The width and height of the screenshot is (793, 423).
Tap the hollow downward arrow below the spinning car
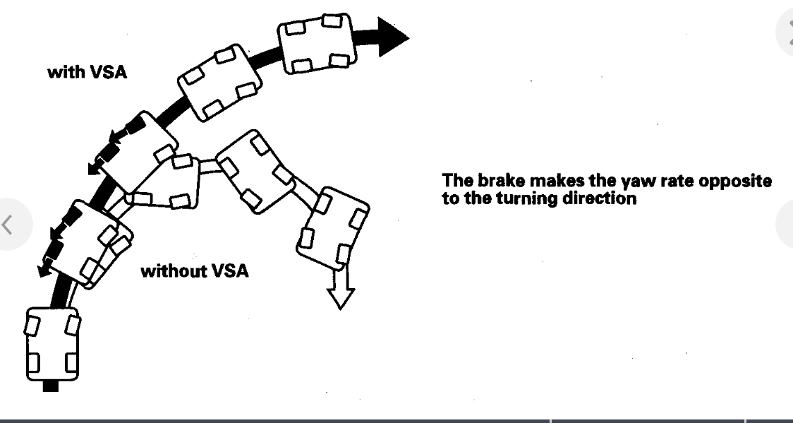pos(341,290)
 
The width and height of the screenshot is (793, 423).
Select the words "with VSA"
pos(87,72)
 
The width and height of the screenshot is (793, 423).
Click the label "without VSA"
pos(195,271)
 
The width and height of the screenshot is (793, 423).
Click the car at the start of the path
pos(52,344)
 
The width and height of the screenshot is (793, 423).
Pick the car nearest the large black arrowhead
pos(316,44)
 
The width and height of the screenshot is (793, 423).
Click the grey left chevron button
pos(8,225)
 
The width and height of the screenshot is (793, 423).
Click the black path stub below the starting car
pos(51,386)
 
